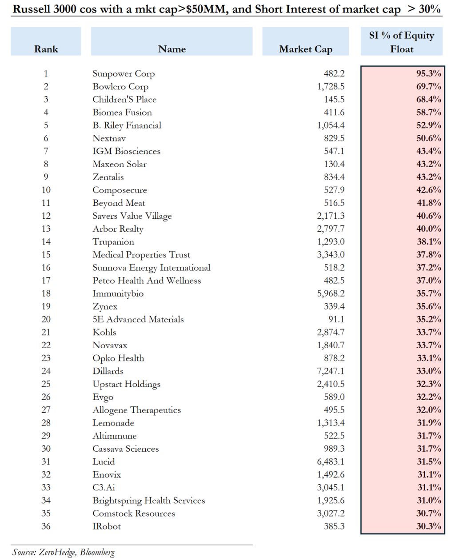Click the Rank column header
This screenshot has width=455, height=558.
click(46, 49)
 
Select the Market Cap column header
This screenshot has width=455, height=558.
click(306, 49)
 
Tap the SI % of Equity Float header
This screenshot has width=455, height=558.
click(402, 42)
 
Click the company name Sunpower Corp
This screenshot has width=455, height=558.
click(124, 73)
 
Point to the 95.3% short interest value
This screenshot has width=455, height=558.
click(429, 73)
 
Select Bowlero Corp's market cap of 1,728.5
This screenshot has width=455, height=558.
click(331, 86)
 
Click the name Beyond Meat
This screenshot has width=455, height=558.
click(119, 203)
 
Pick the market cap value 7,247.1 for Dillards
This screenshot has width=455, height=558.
click(331, 371)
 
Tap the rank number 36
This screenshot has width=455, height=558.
click(46, 526)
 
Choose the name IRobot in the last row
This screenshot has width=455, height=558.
click(107, 526)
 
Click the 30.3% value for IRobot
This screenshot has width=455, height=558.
click(429, 526)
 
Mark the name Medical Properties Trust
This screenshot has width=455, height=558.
click(141, 254)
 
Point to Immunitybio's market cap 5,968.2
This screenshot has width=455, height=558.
click(331, 293)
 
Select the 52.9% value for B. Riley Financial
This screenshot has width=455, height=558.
click(429, 125)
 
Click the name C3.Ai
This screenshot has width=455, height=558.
click(104, 487)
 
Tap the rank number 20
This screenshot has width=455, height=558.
click(46, 319)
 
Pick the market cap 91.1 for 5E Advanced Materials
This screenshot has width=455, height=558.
click(336, 319)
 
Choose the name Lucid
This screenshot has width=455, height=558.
click(104, 462)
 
